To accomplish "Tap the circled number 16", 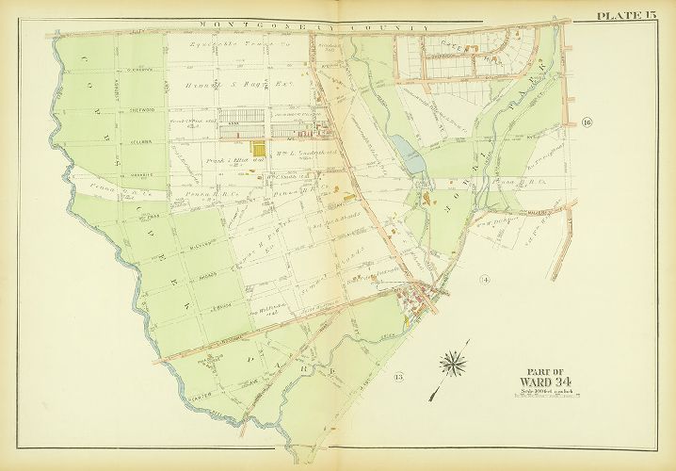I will (x=587, y=123).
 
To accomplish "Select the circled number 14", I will (x=485, y=280).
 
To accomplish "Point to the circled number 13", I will (x=399, y=378).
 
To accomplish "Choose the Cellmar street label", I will (x=135, y=143).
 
